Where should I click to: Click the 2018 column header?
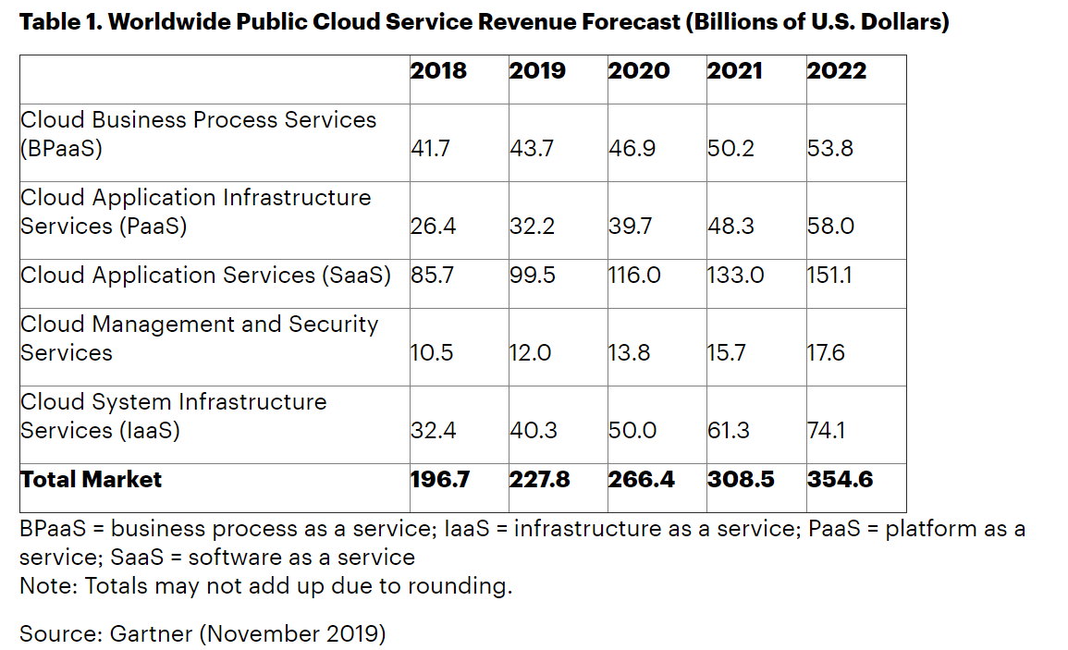(439, 71)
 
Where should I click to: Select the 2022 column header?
(837, 71)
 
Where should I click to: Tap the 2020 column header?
(639, 71)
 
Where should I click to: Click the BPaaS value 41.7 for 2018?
(430, 149)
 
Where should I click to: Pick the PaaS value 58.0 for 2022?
(830, 227)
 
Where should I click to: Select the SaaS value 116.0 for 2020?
(634, 276)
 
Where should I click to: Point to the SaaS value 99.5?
(533, 276)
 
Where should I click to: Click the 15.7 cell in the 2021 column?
(728, 353)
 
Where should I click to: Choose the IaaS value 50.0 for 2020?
(632, 431)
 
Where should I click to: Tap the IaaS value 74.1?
(827, 431)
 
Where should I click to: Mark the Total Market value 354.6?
(840, 480)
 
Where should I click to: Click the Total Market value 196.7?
(440, 480)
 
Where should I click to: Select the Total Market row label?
(91, 480)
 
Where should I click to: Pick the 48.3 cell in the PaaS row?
(730, 227)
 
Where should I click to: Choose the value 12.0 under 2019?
(532, 353)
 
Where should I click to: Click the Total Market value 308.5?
(741, 480)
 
